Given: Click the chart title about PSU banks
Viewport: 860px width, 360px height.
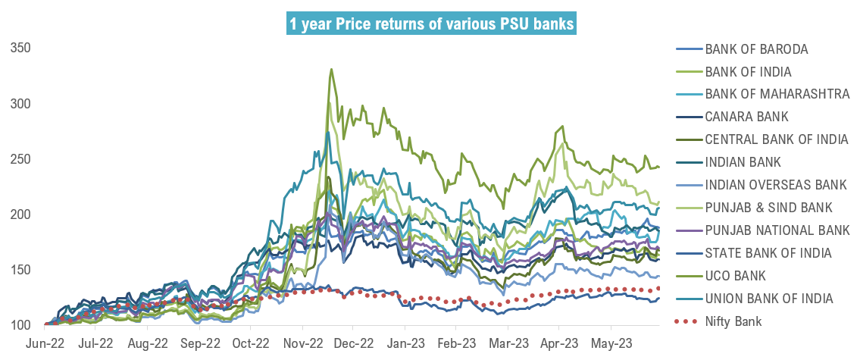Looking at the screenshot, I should (431, 25).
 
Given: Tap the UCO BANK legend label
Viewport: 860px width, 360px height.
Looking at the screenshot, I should (735, 276).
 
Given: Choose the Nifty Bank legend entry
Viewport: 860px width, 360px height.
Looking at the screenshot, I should (733, 321).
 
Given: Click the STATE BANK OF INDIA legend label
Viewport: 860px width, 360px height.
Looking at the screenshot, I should (768, 253).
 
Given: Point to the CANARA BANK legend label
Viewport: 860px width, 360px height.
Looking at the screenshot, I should (746, 117).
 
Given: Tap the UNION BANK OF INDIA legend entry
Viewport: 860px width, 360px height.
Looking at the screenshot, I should (769, 299).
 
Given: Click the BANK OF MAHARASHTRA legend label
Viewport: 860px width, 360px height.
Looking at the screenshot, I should (777, 94).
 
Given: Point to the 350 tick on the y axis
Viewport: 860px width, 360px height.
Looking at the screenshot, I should (20, 48).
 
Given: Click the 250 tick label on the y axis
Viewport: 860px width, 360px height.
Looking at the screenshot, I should (20, 159).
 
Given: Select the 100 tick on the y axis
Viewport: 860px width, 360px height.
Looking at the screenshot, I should (20, 326).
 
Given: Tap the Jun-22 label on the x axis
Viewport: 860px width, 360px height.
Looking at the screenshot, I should (45, 343).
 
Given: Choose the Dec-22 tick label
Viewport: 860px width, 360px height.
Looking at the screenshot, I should (353, 343).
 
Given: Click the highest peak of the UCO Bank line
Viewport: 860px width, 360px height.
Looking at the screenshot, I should (331, 70).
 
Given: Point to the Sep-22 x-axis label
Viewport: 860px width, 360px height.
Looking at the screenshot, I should (199, 343).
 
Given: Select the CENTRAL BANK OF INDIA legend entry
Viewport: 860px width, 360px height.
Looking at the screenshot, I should (770, 139).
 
